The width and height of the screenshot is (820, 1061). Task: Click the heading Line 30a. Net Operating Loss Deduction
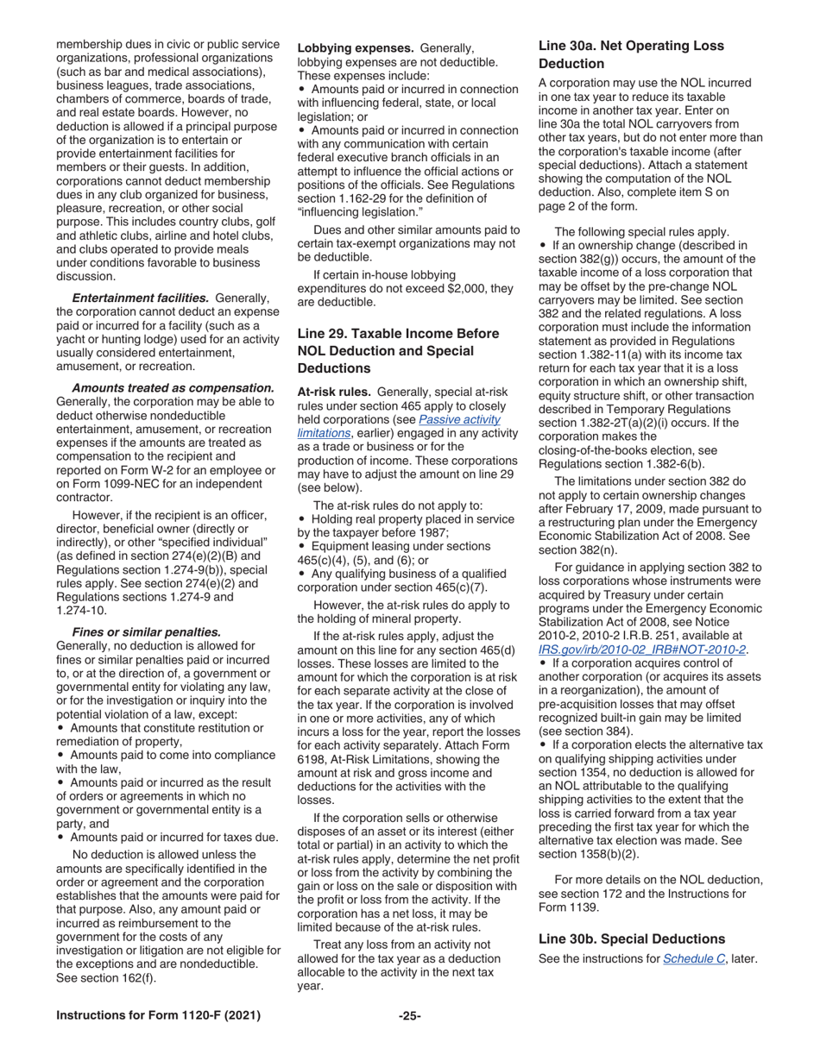[x=631, y=54]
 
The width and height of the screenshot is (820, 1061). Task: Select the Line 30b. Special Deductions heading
[x=631, y=939]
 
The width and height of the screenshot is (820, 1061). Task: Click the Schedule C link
[x=693, y=958]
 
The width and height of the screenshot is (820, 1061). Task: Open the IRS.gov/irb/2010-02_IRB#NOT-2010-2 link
[x=641, y=650]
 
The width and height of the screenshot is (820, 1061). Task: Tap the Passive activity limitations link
[x=399, y=426]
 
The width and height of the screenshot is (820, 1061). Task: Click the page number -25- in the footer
[x=409, y=1016]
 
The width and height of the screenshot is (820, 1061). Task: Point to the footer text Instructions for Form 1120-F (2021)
[x=158, y=1016]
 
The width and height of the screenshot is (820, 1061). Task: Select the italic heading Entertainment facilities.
[x=140, y=298]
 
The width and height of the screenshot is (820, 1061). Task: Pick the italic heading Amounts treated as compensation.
[x=173, y=388]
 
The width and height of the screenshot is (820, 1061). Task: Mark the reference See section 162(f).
[x=106, y=977]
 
